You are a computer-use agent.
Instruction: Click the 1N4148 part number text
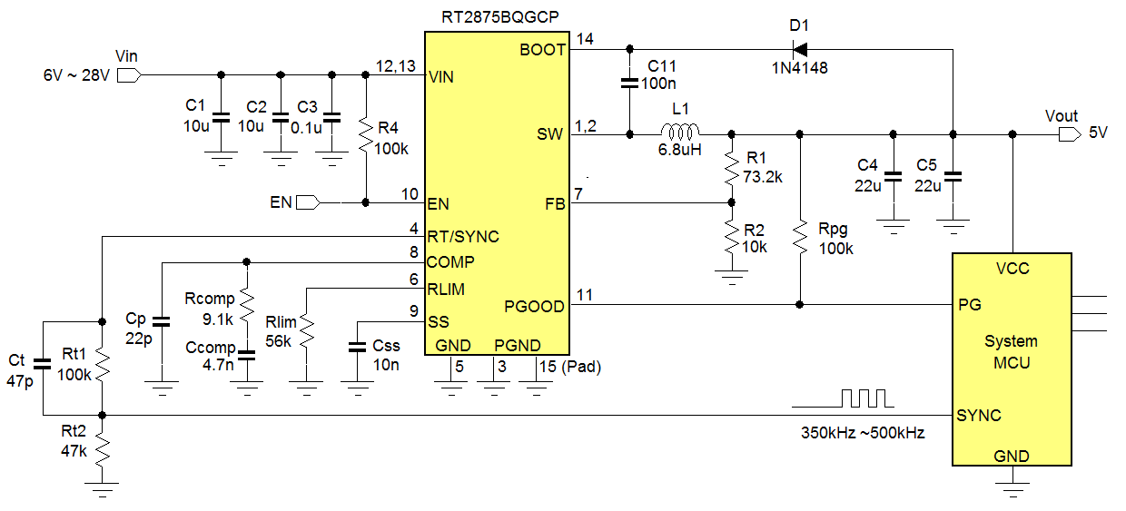click(x=799, y=68)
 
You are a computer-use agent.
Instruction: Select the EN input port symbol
click(x=309, y=201)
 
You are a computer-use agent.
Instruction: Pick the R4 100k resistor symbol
click(x=365, y=136)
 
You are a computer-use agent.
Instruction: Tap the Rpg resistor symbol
click(x=799, y=238)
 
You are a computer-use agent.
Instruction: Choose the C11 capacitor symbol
click(x=628, y=84)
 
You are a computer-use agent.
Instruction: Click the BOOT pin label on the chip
click(x=542, y=50)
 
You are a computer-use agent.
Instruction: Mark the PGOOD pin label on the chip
click(x=535, y=306)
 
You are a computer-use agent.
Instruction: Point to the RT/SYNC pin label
click(x=463, y=236)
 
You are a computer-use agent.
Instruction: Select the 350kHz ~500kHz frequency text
click(x=862, y=433)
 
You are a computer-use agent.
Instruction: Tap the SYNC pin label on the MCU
click(x=979, y=416)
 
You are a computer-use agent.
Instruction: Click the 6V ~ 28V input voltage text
click(x=76, y=75)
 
